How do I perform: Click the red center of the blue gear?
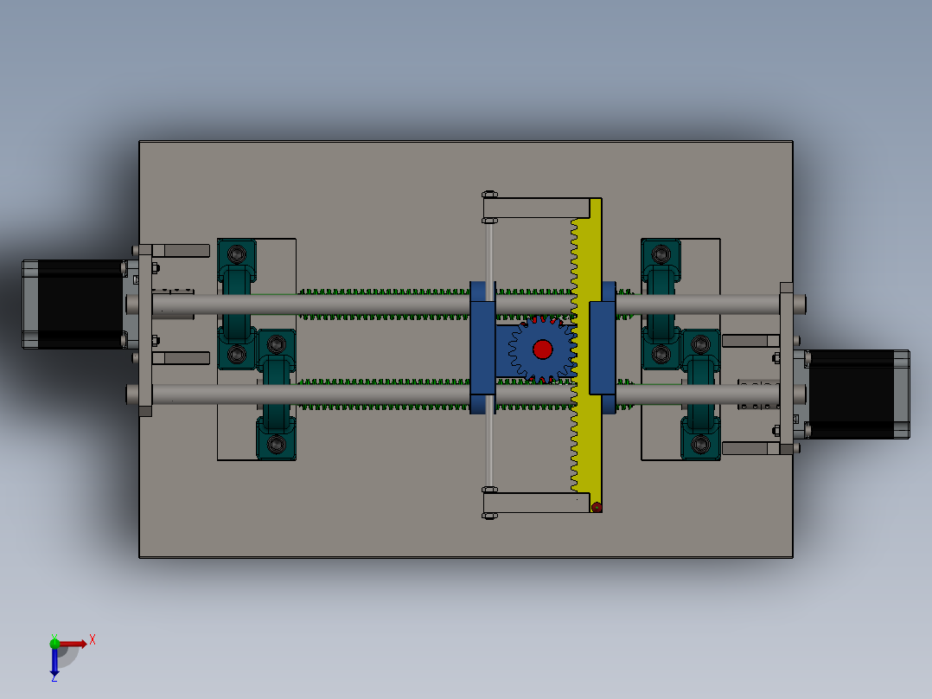point(542,349)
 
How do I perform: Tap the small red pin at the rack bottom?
point(596,507)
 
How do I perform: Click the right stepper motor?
point(857,394)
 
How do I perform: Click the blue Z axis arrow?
point(54,663)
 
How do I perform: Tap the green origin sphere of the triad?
point(54,643)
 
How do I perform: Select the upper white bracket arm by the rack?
point(536,208)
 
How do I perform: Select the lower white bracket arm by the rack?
point(532,503)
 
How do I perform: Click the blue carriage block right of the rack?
point(603,347)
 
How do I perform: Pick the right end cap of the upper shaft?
point(801,304)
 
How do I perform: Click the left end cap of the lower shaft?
point(131,394)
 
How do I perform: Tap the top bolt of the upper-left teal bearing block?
point(236,253)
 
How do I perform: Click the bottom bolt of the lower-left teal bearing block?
point(276,445)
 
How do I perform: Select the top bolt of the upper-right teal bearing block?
point(661,253)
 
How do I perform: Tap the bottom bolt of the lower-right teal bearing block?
point(700,445)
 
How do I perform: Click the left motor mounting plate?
point(144,329)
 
